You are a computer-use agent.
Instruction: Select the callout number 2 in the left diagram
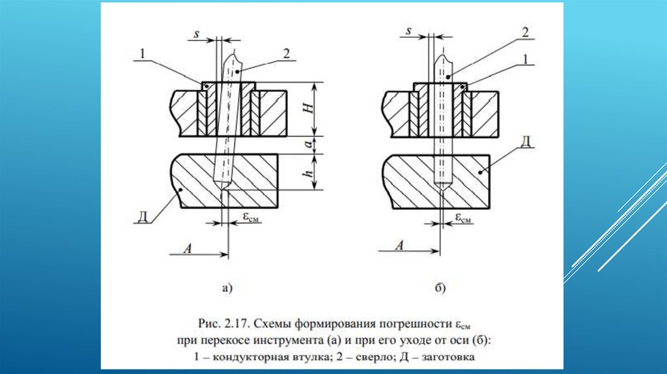coord(286,54)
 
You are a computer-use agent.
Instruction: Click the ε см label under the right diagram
coord(463,218)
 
